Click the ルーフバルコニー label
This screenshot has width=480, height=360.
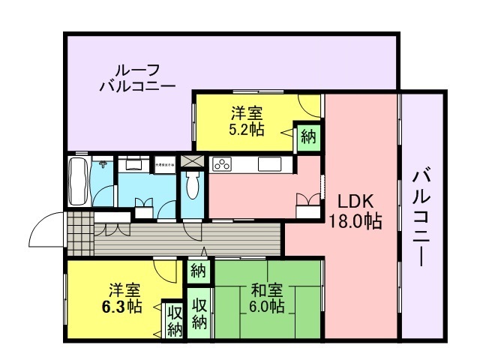click(x=137, y=76)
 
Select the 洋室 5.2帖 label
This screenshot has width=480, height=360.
click(x=247, y=121)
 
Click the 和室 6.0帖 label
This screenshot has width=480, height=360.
click(x=267, y=298)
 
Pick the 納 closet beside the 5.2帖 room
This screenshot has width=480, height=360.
click(x=308, y=136)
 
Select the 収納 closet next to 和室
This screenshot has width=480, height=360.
click(x=199, y=313)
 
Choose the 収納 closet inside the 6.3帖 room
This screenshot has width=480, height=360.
click(x=174, y=320)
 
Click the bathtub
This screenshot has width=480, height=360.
click(x=78, y=181)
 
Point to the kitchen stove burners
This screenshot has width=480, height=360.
click(x=223, y=163)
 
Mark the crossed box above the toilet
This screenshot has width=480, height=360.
click(x=192, y=161)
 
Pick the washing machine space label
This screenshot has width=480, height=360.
click(x=164, y=163)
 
